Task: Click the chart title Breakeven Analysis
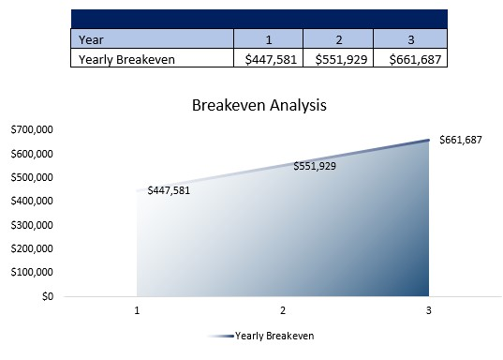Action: point(259,105)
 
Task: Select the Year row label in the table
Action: point(91,39)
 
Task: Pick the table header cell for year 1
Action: point(268,39)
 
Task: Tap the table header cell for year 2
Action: point(338,39)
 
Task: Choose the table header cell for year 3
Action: point(409,39)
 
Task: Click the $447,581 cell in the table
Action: point(268,59)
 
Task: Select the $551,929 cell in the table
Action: point(338,59)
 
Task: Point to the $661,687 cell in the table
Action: point(409,59)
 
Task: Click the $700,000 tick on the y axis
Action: point(31,129)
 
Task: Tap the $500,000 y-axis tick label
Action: point(31,177)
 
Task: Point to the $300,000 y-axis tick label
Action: point(31,225)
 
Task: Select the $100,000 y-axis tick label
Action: point(31,273)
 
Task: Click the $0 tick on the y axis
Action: point(46,296)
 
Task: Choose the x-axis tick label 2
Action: point(283,309)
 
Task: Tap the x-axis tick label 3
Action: point(429,309)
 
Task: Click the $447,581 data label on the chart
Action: point(169,190)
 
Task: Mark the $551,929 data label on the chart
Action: point(315,166)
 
